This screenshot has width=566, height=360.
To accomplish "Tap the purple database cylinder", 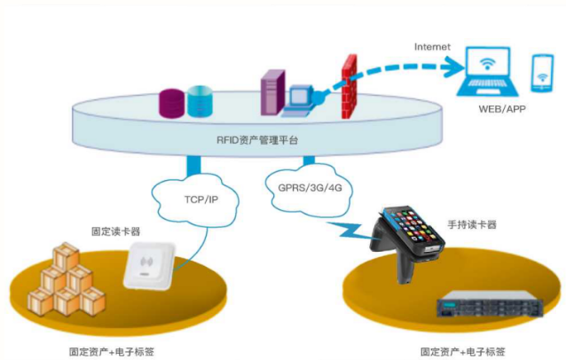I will coord(170,102).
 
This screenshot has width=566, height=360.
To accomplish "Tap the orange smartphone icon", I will coord(542,73).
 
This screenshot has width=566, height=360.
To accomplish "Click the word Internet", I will coord(432,46).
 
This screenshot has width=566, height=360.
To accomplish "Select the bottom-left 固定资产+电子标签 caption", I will coord(112,350).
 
